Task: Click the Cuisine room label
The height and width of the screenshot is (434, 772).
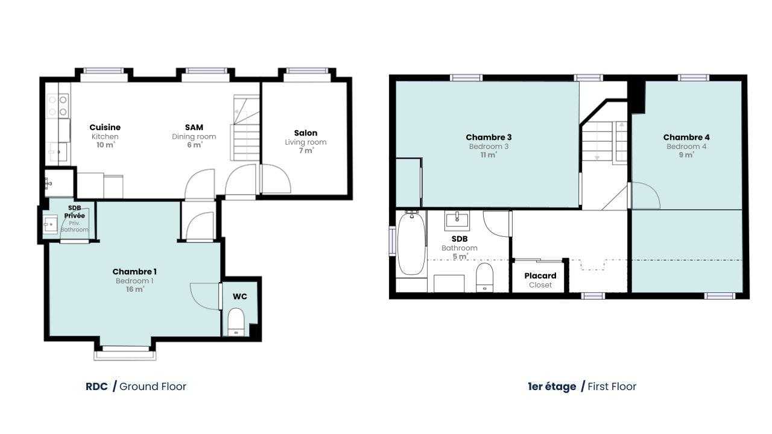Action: (x=105, y=127)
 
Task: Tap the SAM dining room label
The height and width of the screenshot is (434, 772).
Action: (x=194, y=127)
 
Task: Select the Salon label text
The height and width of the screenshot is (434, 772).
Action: (x=306, y=133)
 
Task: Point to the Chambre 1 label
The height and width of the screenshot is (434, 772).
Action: (x=134, y=272)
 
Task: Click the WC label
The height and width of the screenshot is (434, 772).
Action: (x=240, y=297)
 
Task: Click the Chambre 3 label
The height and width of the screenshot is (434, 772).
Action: (x=489, y=137)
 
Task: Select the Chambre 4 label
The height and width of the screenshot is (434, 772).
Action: (x=686, y=137)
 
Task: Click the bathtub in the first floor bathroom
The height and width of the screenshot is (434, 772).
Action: (x=411, y=243)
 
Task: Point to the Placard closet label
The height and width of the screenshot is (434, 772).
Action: (x=540, y=276)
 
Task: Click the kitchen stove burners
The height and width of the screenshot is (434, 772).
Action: (x=58, y=105)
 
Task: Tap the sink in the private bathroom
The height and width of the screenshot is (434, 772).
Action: (x=50, y=225)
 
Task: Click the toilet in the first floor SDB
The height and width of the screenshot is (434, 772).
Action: (x=484, y=278)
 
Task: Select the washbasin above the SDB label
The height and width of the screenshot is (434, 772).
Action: (x=457, y=221)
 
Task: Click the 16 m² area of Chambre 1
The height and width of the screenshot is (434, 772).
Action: (x=134, y=289)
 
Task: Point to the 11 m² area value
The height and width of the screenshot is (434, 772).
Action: (x=489, y=155)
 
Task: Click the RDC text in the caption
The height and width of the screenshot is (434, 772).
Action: (x=96, y=386)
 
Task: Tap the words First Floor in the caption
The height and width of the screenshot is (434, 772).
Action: (x=612, y=386)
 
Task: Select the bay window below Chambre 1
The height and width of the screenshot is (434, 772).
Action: (x=125, y=353)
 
